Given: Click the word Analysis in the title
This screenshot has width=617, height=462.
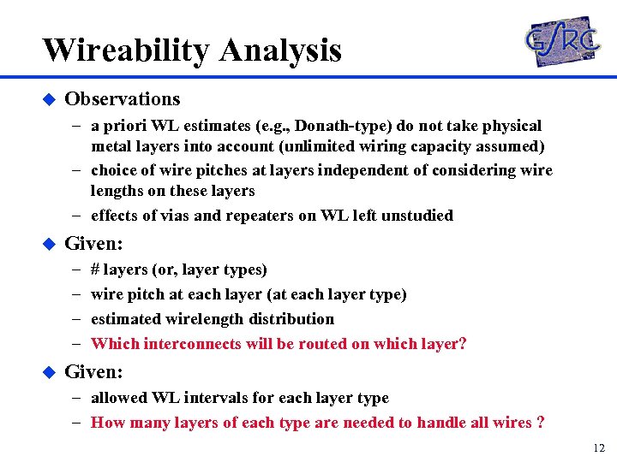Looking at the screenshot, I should pos(280,50).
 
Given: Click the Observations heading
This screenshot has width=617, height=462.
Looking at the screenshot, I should pos(123,99).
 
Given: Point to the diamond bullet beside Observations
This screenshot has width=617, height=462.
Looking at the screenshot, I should pos(48,100).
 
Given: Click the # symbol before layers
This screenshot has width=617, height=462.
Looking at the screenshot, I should pos(95,269).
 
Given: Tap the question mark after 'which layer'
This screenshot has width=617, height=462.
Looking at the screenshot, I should pos(463,344).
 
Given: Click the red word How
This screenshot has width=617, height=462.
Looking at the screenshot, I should pos(106,423).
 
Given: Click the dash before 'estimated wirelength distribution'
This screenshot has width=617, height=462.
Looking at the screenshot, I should pos(76,319).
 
